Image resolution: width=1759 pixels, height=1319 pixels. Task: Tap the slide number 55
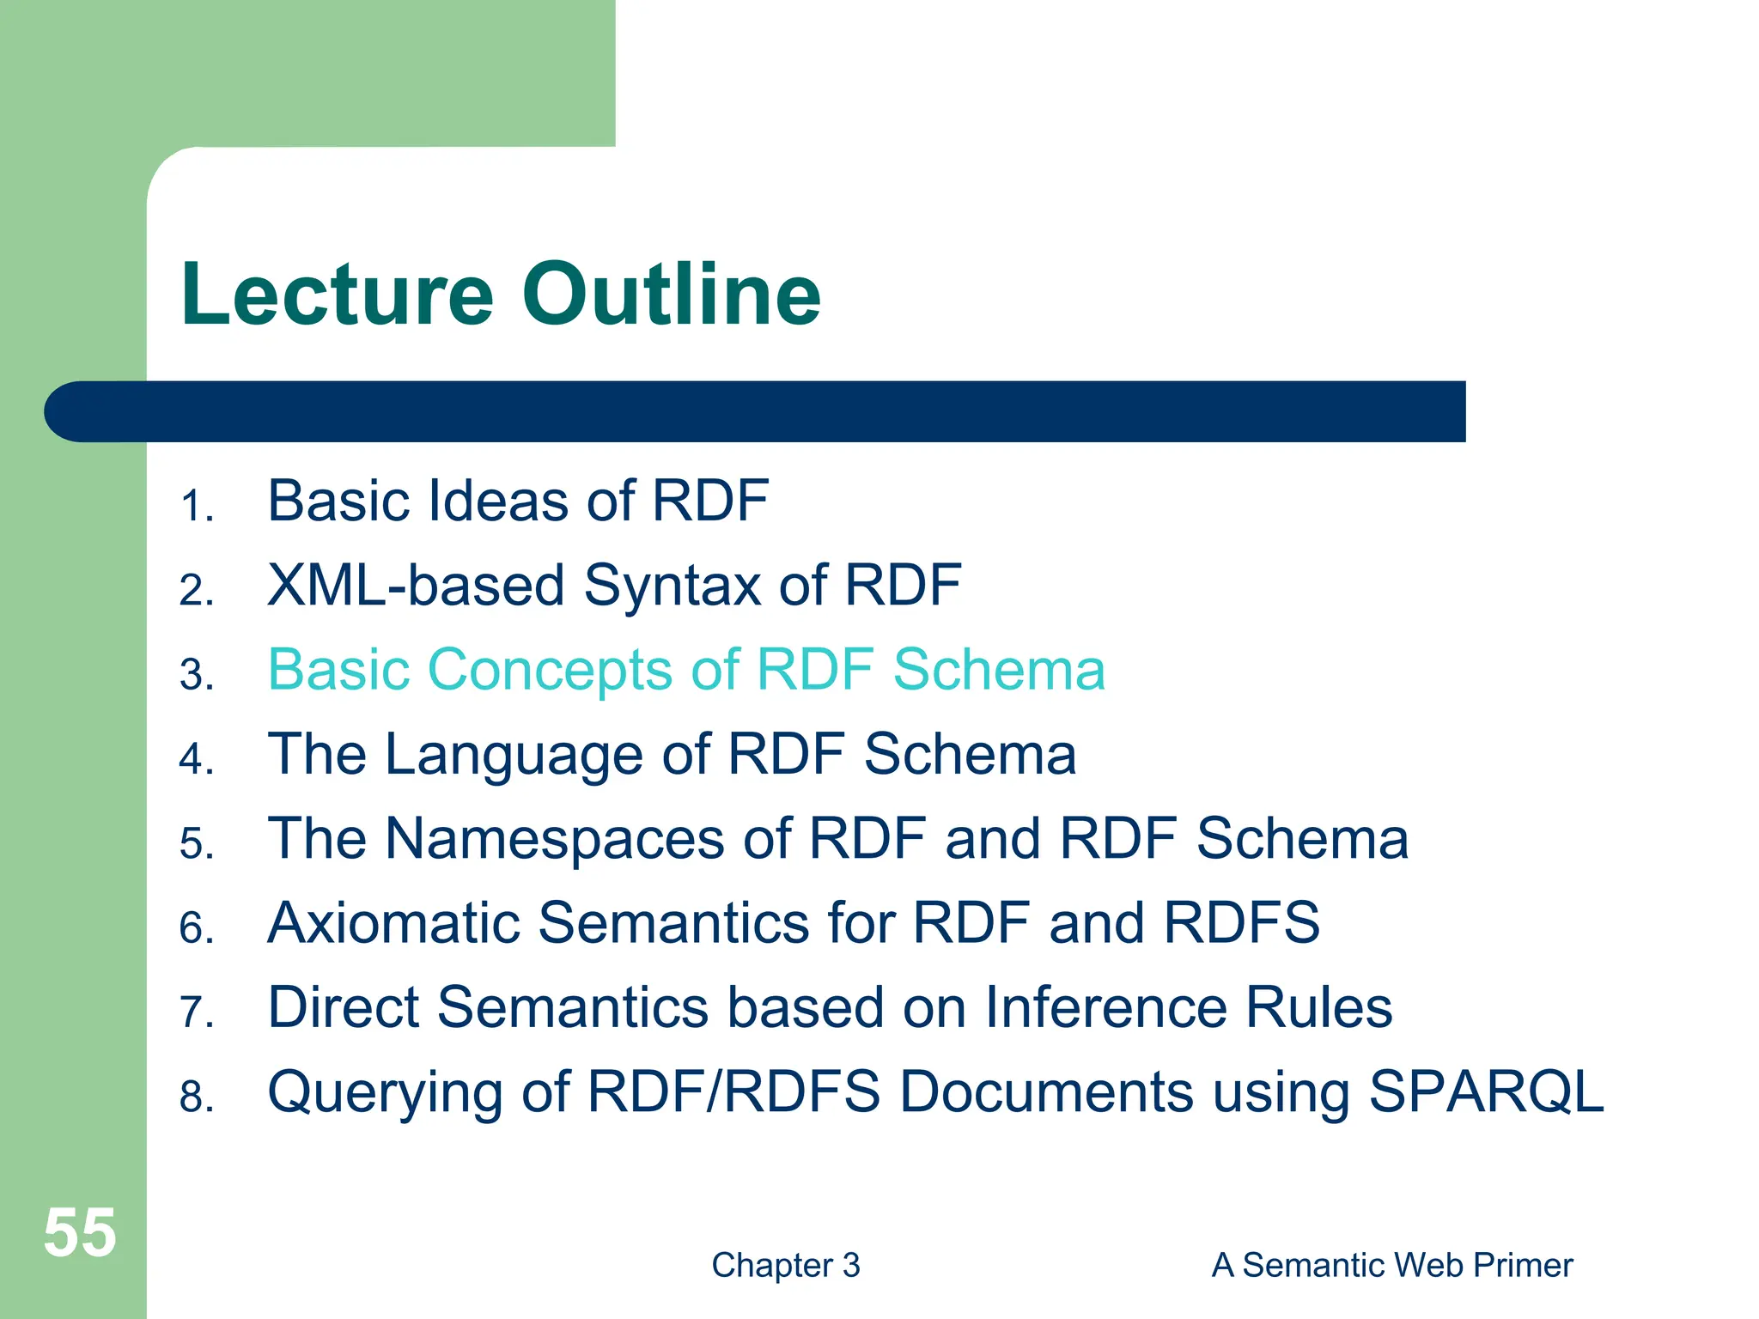pyautogui.click(x=79, y=1232)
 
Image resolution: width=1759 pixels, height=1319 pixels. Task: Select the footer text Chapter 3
pyautogui.click(x=785, y=1265)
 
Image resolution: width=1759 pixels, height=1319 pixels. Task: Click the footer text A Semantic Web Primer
pyautogui.click(x=1391, y=1265)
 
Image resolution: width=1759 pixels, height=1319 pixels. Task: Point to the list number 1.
pyautogui.click(x=196, y=506)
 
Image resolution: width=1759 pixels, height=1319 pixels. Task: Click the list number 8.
pyautogui.click(x=196, y=1097)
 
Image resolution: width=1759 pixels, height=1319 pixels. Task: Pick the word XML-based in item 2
pyautogui.click(x=415, y=586)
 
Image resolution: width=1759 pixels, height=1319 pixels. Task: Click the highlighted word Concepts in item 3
pyautogui.click(x=550, y=670)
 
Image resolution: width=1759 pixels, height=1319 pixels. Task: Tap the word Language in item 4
pyautogui.click(x=514, y=756)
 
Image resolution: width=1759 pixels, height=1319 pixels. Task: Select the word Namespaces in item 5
pyautogui.click(x=554, y=839)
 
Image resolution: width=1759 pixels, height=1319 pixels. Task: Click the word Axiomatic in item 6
pyautogui.click(x=393, y=923)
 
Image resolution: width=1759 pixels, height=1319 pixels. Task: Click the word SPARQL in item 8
pyautogui.click(x=1486, y=1091)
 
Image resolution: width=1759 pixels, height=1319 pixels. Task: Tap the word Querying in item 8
pyautogui.click(x=384, y=1093)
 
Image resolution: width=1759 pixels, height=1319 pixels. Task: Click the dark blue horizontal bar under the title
pyautogui.click(x=756, y=411)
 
